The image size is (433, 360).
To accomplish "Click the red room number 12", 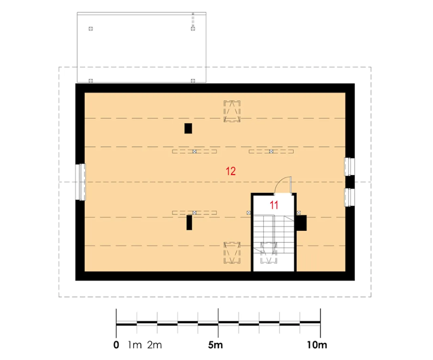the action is point(230,171).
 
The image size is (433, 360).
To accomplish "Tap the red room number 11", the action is point(274,205).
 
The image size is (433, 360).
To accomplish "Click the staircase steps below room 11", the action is point(274,234).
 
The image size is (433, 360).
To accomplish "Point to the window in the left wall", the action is point(81,182).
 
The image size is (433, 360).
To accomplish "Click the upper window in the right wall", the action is point(349,167).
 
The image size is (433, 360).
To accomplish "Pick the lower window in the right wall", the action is point(349,197).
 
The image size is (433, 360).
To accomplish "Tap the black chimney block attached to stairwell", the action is point(301,223).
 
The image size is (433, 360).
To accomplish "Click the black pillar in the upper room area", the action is point(188,128).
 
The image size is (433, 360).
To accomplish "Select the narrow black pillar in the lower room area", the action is point(189,222).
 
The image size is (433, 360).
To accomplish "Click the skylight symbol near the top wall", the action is point(232,111).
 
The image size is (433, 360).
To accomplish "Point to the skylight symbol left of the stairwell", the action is point(232,253).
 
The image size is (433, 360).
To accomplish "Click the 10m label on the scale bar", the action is point(317,345).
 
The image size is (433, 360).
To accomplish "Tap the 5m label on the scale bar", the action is point(215,345).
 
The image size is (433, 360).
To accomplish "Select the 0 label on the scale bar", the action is point(116,345).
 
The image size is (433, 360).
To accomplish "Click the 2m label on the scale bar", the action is point(155,345).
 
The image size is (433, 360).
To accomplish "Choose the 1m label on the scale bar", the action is point(135,345).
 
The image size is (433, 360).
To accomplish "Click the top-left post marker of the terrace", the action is point(91,29).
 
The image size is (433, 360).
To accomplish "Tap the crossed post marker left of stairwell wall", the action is point(249,213).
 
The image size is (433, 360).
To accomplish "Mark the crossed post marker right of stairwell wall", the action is point(299,213).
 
